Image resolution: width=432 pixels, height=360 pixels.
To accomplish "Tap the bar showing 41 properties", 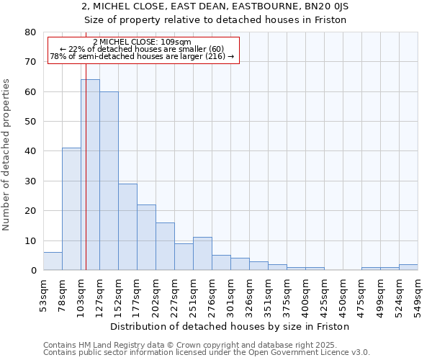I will click(x=71, y=209).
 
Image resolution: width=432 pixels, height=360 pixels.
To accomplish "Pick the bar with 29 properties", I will click(x=127, y=227).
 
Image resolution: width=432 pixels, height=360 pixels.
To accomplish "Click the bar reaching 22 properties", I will click(x=146, y=238).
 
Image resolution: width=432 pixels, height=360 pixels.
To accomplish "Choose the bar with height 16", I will click(x=165, y=246).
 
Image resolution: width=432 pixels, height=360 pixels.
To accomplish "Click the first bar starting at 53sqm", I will click(x=53, y=261).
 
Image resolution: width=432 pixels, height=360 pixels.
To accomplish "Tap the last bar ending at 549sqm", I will click(x=408, y=267).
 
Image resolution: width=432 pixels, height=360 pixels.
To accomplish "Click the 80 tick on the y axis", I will click(x=30, y=32).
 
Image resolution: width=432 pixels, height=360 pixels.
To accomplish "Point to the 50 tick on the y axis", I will click(x=30, y=122).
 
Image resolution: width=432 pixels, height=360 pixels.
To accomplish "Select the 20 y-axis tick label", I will click(x=30, y=211).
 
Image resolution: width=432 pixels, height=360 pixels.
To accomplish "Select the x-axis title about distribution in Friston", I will click(x=230, y=327).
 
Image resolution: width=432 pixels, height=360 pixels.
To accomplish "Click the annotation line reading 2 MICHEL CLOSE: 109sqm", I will click(x=143, y=42).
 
